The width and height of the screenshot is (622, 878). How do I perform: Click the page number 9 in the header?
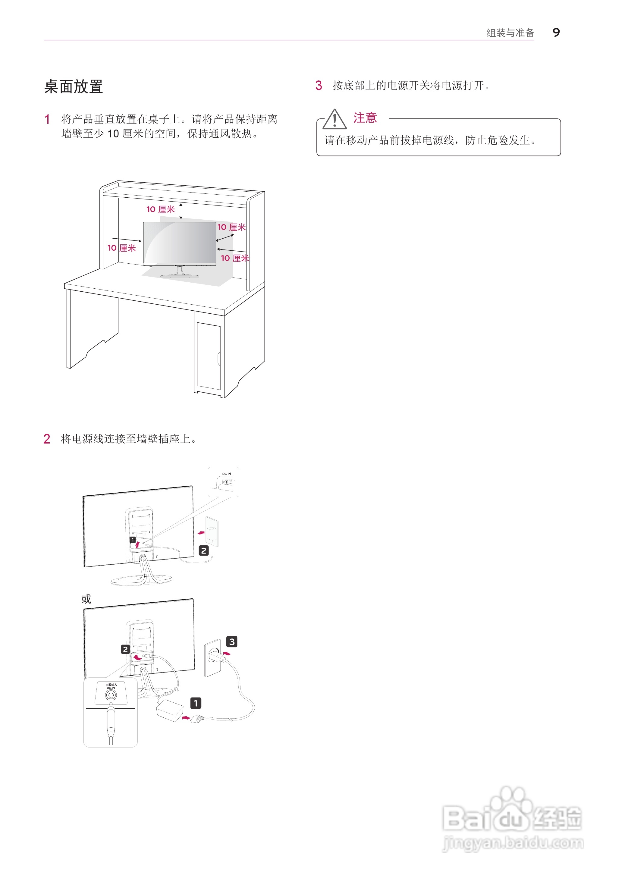[556, 33]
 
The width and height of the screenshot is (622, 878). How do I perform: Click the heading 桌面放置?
[74, 86]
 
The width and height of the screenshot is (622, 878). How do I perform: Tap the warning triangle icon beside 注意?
[335, 119]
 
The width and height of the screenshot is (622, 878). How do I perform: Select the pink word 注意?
[365, 118]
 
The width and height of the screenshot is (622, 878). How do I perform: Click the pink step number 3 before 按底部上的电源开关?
[318, 85]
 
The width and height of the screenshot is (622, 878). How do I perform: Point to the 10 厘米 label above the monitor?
[161, 209]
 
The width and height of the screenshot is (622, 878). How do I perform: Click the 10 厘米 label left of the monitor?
[121, 248]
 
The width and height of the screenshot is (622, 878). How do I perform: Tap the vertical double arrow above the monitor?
[181, 211]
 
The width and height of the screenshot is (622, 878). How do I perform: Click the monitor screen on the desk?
[179, 242]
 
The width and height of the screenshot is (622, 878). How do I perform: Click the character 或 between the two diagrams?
[86, 598]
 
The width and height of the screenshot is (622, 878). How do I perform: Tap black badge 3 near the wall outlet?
[232, 641]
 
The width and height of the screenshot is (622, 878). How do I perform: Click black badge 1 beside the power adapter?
[196, 703]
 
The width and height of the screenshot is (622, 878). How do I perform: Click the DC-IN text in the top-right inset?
[226, 474]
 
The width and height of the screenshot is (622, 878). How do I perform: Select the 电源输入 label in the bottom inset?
[111, 684]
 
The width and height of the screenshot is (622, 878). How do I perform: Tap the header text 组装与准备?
[510, 33]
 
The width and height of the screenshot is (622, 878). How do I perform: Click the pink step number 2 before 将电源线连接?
[47, 439]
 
